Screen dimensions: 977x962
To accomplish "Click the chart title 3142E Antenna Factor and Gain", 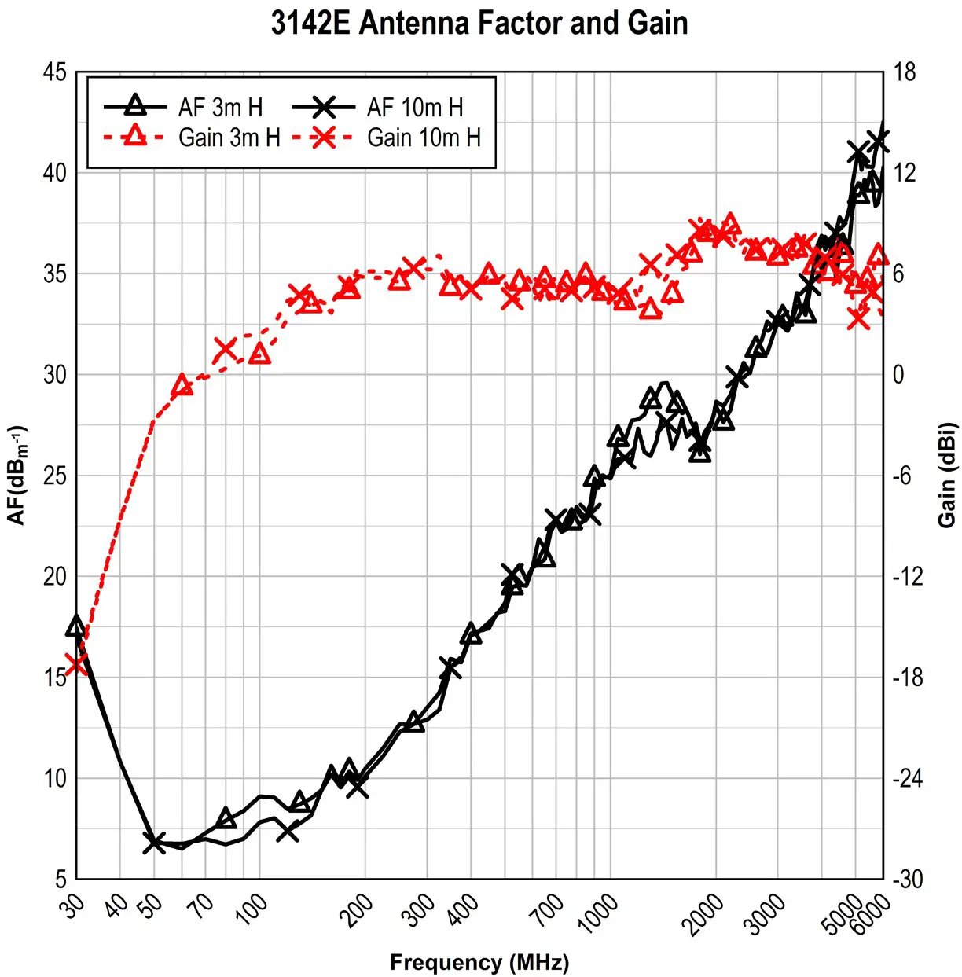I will pos(479,23).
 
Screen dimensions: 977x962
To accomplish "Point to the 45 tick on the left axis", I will pos(55,72).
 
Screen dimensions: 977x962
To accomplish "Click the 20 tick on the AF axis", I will pos(55,576).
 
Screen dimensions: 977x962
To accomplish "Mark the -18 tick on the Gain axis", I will pos(908,678).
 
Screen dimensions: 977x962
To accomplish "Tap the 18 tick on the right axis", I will pos(905,72).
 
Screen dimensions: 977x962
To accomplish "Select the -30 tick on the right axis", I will pos(908,879).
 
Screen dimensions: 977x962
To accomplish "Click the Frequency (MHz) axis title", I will pos(479,962).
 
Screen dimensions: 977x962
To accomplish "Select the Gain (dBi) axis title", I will pos(947,475).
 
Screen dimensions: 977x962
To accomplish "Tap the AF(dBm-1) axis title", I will pos(17,475).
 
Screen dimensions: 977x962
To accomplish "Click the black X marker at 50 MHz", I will pos(154,843).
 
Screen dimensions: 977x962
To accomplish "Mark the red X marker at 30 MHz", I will pos(76,664).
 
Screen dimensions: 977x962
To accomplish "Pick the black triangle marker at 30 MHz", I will pos(76,626).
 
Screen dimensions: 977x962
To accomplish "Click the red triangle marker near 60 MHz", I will pos(182,385).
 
